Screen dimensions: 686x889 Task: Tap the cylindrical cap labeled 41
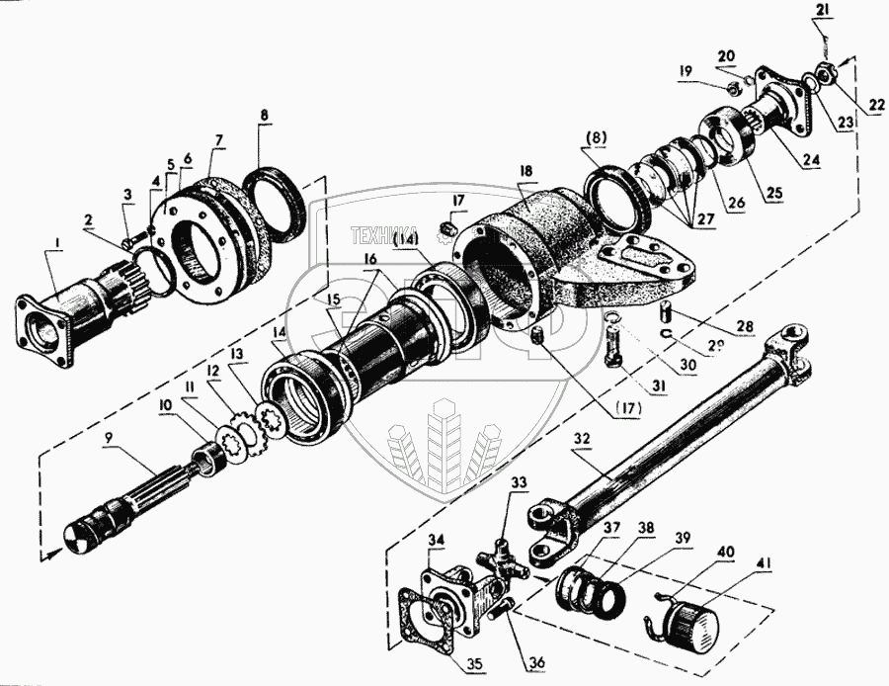[x=688, y=624]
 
